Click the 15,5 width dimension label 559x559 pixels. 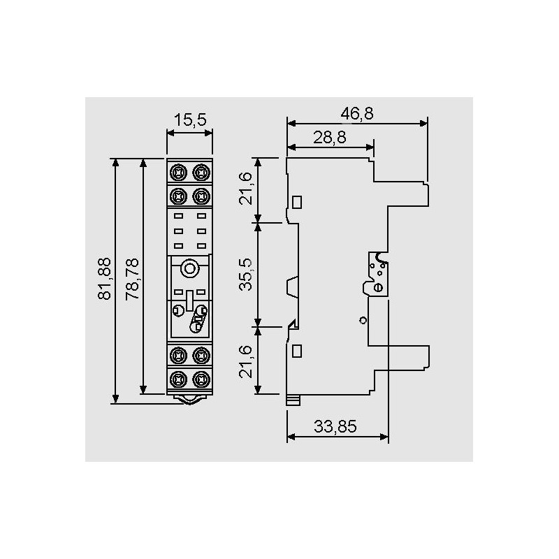[189, 119]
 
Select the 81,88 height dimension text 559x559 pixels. [105, 278]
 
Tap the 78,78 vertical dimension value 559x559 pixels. [132, 278]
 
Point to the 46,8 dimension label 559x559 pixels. [357, 113]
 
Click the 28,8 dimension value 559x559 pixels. [330, 137]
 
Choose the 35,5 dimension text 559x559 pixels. [246, 275]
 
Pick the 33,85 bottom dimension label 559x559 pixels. [335, 426]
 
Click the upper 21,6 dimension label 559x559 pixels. [246, 189]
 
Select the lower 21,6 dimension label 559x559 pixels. [246, 362]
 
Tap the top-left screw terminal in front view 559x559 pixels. [178, 173]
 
